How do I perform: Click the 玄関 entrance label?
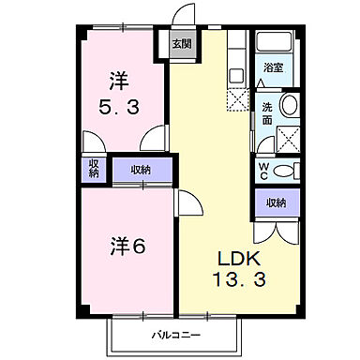[181, 44]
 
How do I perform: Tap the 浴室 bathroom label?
[273, 68]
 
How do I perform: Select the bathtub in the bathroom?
[273, 47]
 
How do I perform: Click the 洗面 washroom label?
[267, 113]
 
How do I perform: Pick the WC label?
[264, 170]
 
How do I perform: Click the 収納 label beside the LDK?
[275, 202]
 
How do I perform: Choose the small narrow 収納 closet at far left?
[95, 169]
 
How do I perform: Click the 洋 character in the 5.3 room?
[118, 80]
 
